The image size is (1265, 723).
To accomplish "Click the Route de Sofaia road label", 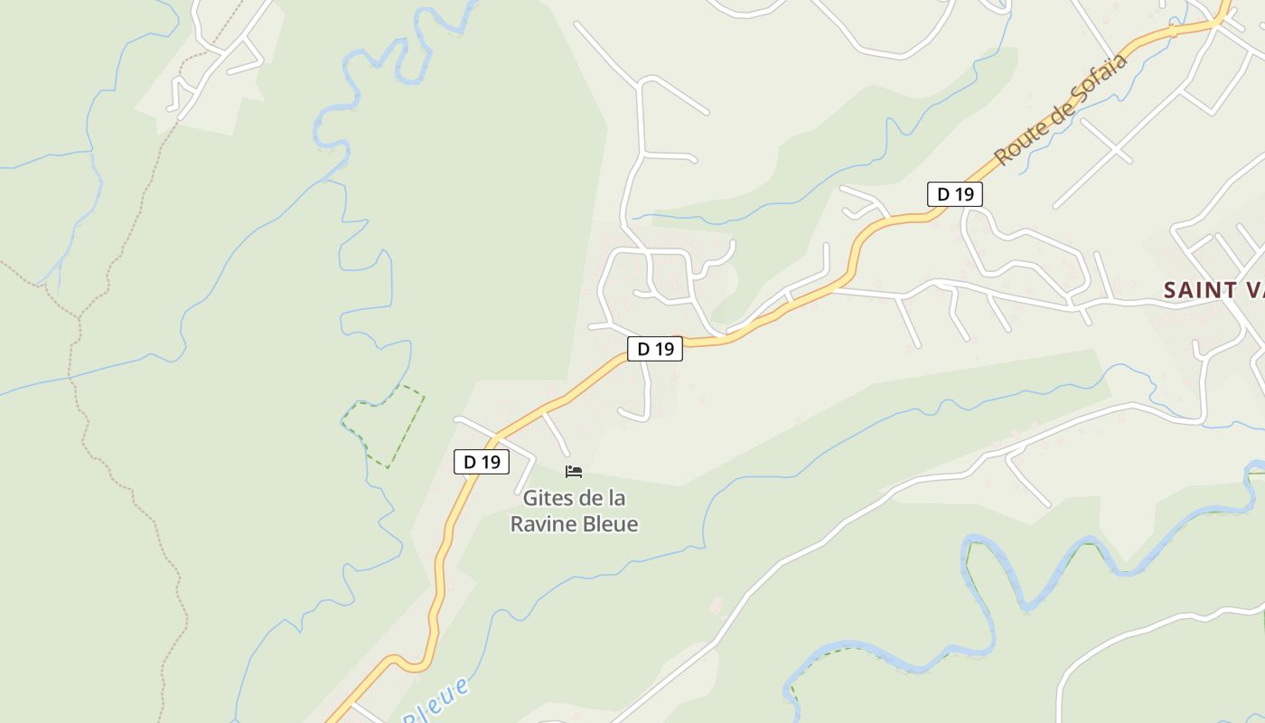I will tap(1062, 110).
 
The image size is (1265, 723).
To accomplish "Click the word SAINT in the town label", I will tap(1199, 290).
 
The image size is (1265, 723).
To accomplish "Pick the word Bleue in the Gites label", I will tap(613, 524).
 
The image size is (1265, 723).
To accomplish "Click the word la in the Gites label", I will tap(615, 498).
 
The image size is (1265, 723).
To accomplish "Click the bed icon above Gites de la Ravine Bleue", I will tap(574, 472).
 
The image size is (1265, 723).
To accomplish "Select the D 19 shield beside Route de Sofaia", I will tap(954, 194).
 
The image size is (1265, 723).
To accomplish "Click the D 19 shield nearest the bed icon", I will tap(482, 462).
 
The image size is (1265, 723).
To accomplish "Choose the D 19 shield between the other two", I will tap(655, 349).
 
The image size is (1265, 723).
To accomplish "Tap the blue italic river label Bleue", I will tap(437, 700).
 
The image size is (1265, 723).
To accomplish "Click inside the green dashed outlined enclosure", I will tap(387, 427).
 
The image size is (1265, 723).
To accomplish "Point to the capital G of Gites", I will tap(530, 498).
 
